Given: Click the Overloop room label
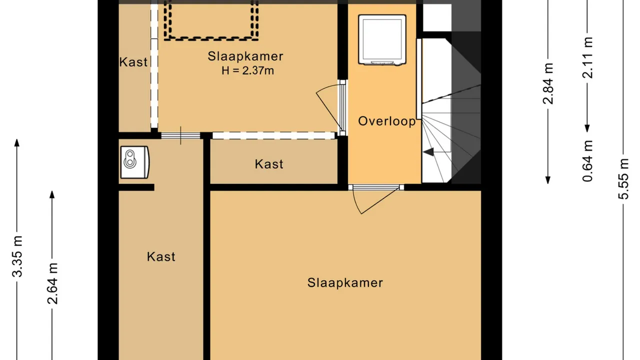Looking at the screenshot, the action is (387, 121).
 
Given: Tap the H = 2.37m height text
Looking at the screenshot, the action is (247, 70).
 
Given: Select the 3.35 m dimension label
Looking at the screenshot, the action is (17, 256).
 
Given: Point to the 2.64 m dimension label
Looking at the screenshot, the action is (52, 283).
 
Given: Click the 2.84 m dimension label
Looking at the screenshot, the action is (548, 83).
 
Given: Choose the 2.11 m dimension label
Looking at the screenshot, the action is (588, 57).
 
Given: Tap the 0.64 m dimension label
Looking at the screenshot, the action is (588, 161).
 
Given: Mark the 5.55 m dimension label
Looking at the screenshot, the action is (623, 178).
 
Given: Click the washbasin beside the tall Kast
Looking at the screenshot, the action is (134, 162).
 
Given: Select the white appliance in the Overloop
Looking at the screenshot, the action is (382, 40).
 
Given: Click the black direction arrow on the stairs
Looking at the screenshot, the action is (428, 151).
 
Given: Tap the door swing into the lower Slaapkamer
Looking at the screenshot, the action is (376, 200).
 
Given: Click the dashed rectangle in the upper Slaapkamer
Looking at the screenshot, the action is (211, 38).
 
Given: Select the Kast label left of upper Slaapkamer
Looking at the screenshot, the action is (133, 62).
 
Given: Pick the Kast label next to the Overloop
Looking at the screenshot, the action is (269, 164).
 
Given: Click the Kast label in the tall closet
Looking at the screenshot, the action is (161, 257).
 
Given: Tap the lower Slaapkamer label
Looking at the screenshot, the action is (345, 283).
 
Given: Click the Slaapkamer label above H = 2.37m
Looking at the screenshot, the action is (245, 56).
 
